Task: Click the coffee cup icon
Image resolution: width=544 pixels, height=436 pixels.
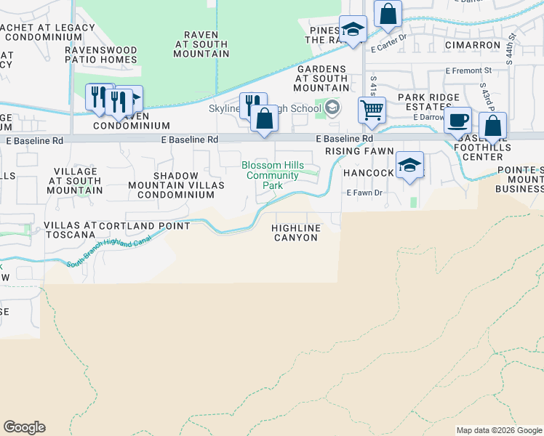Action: click(458, 120)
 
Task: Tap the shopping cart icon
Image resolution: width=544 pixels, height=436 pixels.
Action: click(372, 110)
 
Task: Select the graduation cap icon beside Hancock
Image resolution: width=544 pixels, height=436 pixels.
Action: click(410, 164)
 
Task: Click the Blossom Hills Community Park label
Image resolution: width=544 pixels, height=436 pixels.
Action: click(273, 175)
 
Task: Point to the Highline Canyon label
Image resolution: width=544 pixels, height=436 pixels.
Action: click(296, 233)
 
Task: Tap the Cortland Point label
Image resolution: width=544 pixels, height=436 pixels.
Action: click(145, 226)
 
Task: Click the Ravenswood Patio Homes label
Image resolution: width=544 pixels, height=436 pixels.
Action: click(101, 54)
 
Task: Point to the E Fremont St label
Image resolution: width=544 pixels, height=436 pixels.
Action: click(468, 70)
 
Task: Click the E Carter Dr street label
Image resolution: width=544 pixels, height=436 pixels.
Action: click(391, 49)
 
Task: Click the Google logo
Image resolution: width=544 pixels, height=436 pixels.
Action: click(24, 427)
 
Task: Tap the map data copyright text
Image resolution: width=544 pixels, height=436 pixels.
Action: click(499, 430)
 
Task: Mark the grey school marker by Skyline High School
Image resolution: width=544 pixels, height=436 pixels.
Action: click(332, 108)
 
